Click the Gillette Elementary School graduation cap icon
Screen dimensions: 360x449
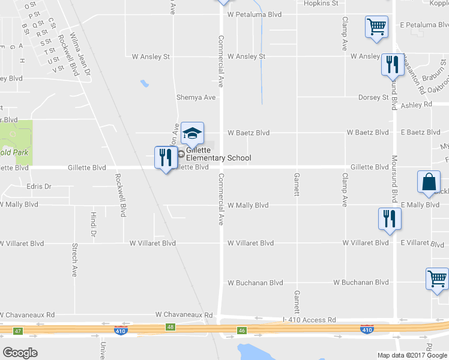(193, 134)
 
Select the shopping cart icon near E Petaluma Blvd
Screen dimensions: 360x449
(376, 27)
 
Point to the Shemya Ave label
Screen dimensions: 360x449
(196, 97)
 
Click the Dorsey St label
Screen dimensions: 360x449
(373, 97)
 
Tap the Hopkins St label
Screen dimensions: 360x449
(321, 4)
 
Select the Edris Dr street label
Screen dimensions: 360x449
(40, 187)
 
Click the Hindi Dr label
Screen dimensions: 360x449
(93, 223)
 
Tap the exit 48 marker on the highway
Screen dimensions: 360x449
(172, 327)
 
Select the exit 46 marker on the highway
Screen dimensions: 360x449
(242, 330)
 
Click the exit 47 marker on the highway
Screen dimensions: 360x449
(17, 331)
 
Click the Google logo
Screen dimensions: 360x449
(20, 353)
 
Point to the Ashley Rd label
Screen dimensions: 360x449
(416, 104)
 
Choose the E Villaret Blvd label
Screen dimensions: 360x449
(423, 243)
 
